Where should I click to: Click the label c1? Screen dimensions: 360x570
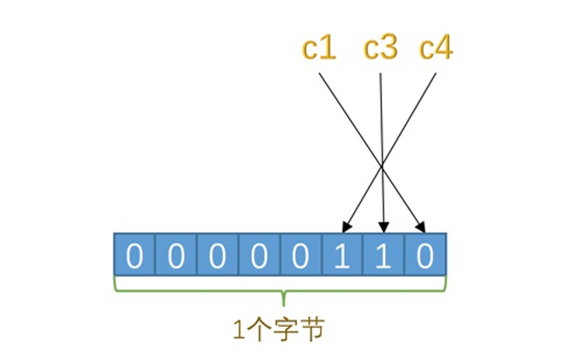[320, 49]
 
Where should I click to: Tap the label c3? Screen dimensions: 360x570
[380, 49]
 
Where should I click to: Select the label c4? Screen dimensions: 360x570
[436, 49]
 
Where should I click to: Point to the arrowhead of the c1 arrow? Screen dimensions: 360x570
[423, 229]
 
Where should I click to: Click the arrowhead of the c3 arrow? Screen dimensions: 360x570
[384, 229]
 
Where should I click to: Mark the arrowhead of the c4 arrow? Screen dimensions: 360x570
[345, 229]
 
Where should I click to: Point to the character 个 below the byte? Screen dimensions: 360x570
[260, 330]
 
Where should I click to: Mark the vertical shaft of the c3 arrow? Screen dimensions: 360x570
[383, 148]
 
